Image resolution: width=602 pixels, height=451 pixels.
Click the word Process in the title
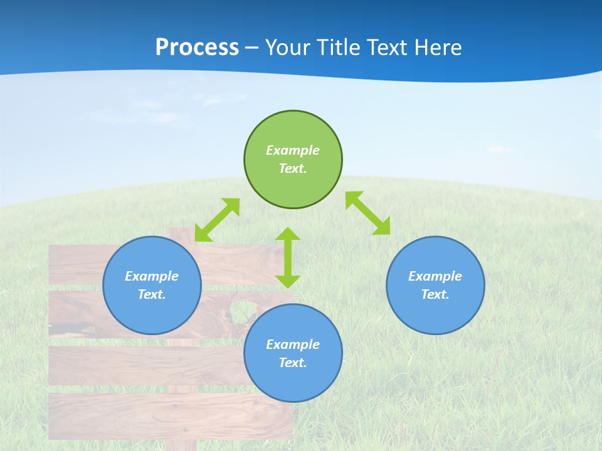(x=197, y=48)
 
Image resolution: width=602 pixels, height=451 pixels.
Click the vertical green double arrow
(x=288, y=257)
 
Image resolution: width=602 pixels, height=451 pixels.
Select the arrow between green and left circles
(x=217, y=220)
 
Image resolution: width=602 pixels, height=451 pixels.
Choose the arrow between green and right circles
(x=368, y=213)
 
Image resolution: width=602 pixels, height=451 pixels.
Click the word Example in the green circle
(x=293, y=150)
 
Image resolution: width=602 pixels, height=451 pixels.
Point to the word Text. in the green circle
(x=293, y=168)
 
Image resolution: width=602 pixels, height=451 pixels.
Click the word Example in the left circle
(x=152, y=276)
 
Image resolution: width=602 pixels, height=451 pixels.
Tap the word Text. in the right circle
(x=435, y=294)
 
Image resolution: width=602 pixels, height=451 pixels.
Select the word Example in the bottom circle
(x=293, y=345)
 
